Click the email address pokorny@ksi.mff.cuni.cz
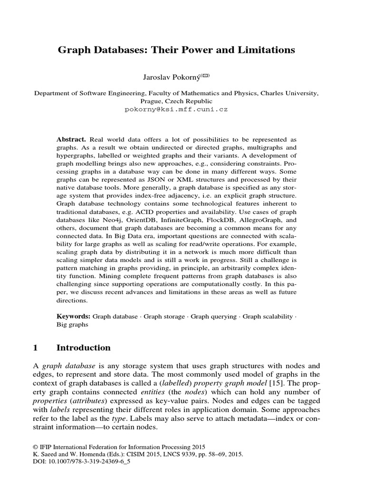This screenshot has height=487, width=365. point(176,109)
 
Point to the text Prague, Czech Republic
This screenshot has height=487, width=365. point(176,101)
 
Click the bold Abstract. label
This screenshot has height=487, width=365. point(71,139)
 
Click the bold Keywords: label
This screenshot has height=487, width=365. point(74,316)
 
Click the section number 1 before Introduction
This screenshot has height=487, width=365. point(36,348)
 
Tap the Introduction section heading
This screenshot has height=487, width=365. point(84,348)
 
